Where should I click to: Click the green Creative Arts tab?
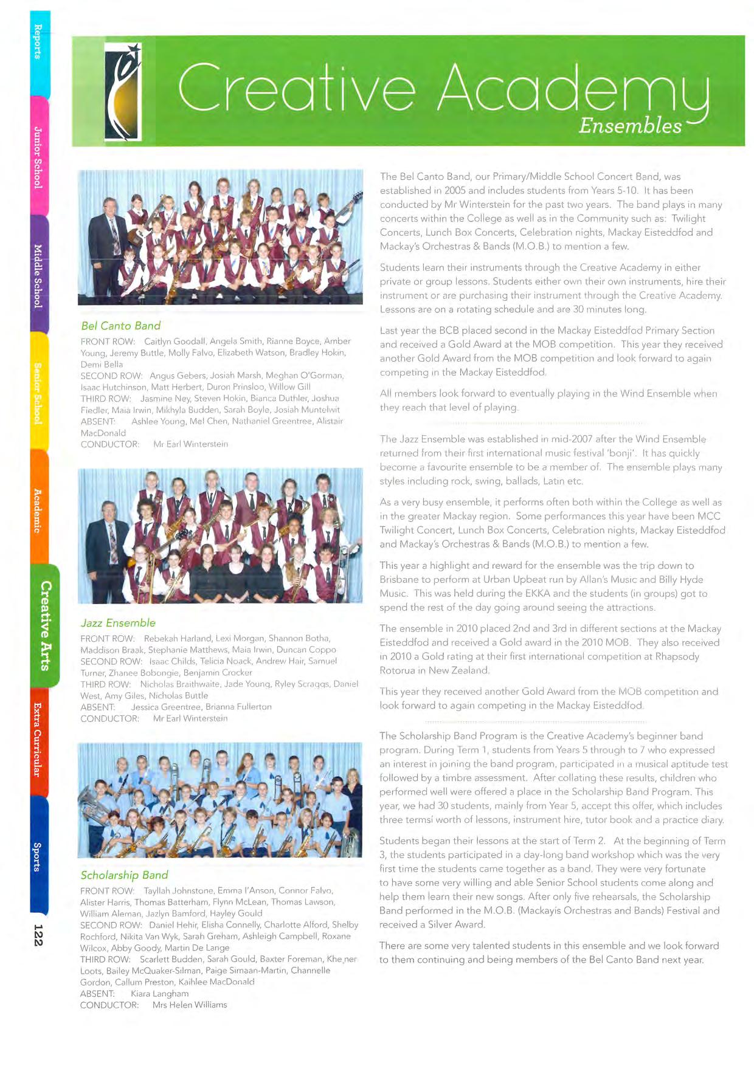pyautogui.click(x=45, y=625)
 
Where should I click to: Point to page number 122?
pyautogui.click(x=38, y=935)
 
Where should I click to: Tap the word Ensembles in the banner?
pyautogui.click(x=630, y=126)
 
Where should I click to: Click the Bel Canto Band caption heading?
pyautogui.click(x=121, y=326)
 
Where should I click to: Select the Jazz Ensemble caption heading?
pyautogui.click(x=118, y=623)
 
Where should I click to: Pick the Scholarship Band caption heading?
pyautogui.click(x=124, y=875)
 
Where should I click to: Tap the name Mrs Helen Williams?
pyautogui.click(x=190, y=1005)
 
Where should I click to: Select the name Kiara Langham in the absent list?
pyautogui.click(x=159, y=994)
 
